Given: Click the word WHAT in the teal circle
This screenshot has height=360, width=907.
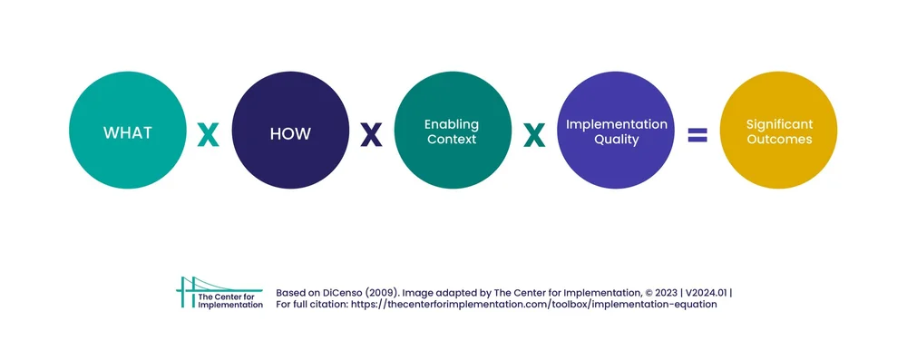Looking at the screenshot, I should click(128, 132).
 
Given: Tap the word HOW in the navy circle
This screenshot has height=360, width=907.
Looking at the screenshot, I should click(290, 133).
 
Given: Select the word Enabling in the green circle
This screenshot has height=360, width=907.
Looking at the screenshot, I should click(452, 124).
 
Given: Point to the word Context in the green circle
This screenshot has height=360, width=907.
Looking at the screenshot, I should click(452, 140).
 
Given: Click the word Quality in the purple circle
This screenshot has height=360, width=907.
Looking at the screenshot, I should click(616, 140).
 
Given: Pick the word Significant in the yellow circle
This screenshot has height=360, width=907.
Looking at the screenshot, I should click(778, 124).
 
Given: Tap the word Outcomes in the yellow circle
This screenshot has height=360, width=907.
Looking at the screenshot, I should click(778, 140).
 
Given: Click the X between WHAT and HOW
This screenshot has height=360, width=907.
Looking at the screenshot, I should click(209, 134).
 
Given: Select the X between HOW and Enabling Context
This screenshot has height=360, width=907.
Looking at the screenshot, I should click(371, 134).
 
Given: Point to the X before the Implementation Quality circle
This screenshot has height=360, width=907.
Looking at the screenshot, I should click(534, 134).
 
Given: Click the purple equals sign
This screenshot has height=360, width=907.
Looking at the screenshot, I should click(697, 134).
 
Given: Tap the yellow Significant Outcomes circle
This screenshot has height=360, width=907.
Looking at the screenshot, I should click(778, 168).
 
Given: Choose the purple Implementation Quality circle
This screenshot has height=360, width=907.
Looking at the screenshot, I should click(616, 168).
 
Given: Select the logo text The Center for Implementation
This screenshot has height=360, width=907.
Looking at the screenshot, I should click(229, 301).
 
